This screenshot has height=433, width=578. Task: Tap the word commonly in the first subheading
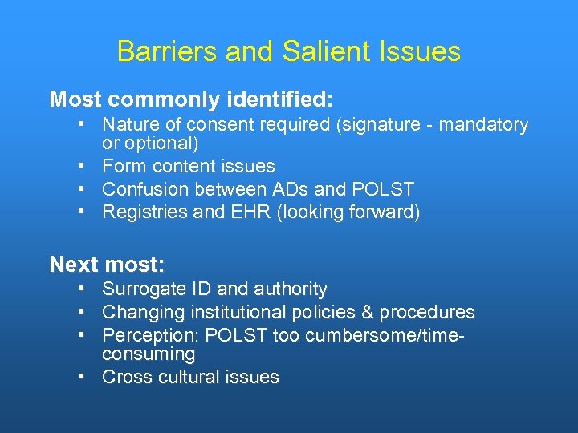coord(165,100)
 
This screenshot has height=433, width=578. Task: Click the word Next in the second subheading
coord(72,265)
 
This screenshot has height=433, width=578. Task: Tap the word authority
coord(291,289)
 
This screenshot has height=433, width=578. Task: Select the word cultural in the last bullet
coord(188,378)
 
